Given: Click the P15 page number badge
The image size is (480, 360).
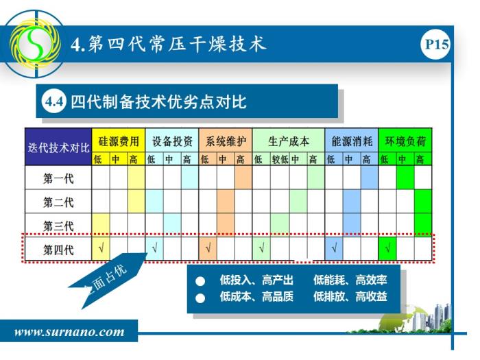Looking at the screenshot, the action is click(435, 44).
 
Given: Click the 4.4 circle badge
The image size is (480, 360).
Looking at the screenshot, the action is click(53, 101).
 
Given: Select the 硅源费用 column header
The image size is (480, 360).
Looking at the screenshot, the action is click(118, 141).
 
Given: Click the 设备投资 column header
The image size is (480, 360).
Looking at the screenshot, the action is click(172, 141).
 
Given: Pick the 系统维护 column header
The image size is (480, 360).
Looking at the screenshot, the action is click(226, 141).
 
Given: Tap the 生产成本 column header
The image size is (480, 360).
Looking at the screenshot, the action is click(289, 141).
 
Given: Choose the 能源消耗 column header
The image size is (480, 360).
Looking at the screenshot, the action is click(351, 141).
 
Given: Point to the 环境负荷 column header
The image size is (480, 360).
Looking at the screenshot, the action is click(405, 141).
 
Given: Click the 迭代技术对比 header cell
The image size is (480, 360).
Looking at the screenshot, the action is click(58, 147).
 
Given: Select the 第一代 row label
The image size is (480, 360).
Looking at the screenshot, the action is click(58, 178).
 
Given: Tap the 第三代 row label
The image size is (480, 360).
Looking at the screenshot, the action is click(58, 226).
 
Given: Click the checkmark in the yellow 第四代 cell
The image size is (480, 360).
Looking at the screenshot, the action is click(101, 248).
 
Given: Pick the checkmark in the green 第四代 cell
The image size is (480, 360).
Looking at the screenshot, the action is click(387, 248).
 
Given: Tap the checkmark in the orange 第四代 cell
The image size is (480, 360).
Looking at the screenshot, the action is click(208, 248).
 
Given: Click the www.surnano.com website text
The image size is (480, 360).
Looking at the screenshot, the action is click(69, 332).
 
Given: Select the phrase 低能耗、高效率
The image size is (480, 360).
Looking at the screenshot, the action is click(350, 280).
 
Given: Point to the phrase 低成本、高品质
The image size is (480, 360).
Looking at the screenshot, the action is click(256, 296).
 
